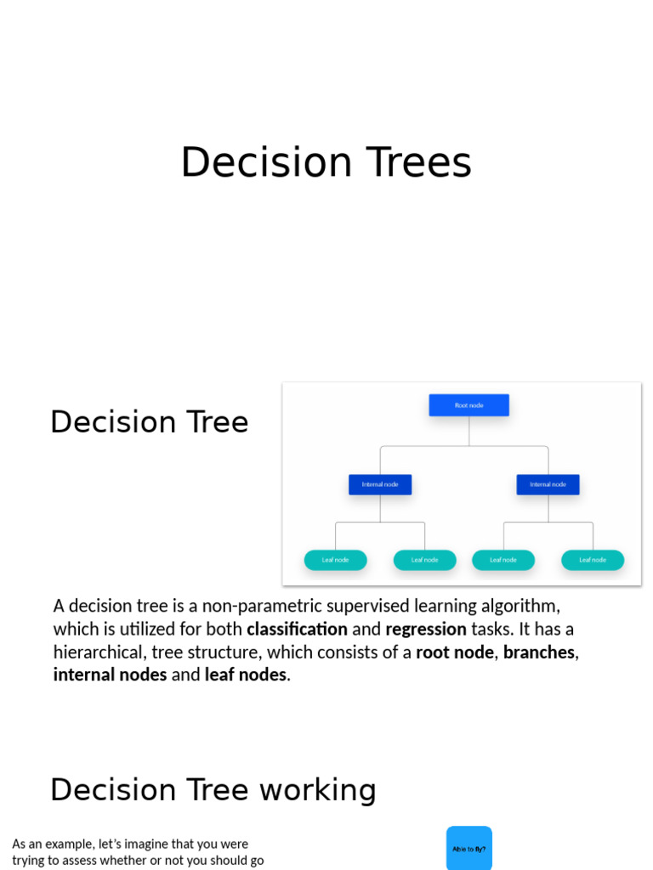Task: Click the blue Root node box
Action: click(x=468, y=405)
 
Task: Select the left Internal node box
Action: click(x=380, y=484)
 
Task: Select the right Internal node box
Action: click(x=548, y=484)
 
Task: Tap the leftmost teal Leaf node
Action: click(x=335, y=560)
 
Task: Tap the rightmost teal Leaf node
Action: click(x=593, y=560)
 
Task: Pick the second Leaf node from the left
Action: click(x=424, y=560)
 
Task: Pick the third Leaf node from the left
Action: click(x=503, y=560)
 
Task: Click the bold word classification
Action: click(x=297, y=630)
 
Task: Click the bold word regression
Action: click(x=426, y=630)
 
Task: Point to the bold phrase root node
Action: click(x=454, y=652)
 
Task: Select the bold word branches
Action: click(x=538, y=652)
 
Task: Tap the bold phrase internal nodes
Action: click(x=110, y=675)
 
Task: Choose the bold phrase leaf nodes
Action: click(x=246, y=675)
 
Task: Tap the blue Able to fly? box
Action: click(x=469, y=848)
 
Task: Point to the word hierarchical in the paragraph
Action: click(x=98, y=652)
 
